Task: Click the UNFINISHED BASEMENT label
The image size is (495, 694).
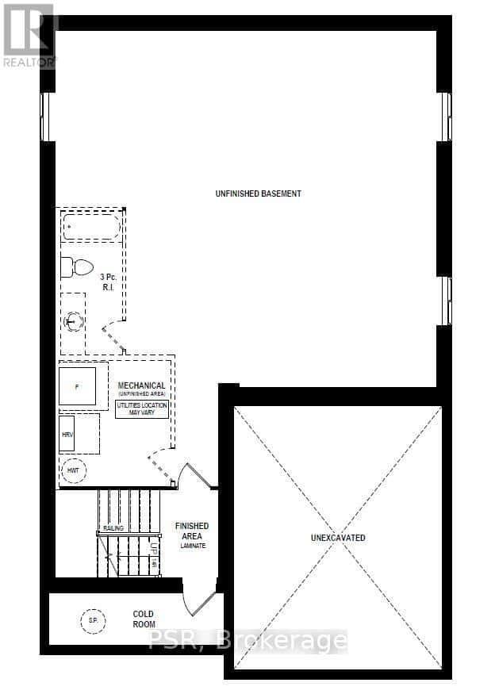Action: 258,194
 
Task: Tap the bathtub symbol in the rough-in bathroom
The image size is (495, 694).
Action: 91,228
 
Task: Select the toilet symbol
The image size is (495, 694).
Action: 76,267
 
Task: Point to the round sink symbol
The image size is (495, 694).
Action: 74,321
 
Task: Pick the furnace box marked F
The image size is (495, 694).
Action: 77,386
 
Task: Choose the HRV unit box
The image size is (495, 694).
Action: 67,435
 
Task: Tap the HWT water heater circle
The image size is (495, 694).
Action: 74,471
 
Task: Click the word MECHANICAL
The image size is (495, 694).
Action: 141,385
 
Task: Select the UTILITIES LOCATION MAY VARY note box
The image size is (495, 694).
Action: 142,410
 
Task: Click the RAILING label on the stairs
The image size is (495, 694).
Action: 113,528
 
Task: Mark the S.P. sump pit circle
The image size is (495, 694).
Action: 92,619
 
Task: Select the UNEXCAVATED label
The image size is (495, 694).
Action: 338,538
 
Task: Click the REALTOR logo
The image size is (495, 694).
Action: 29,36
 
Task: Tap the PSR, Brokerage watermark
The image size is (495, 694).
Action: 247,640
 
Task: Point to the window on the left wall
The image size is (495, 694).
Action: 48,117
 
